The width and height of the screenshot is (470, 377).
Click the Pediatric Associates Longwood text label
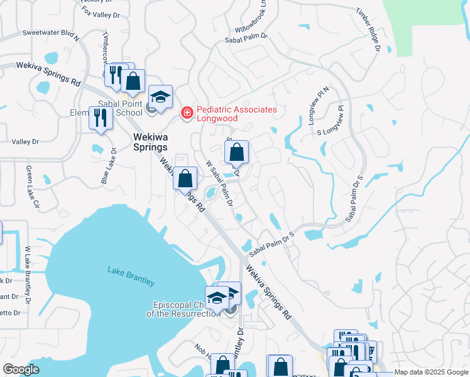point(236,114)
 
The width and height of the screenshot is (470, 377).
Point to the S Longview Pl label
point(331,124)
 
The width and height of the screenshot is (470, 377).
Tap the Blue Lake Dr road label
point(109,167)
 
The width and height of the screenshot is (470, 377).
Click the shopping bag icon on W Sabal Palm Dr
point(237,152)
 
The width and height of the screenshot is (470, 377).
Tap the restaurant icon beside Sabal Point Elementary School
point(101,117)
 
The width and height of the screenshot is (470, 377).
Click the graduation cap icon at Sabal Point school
point(160,97)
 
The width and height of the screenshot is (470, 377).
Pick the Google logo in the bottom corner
point(21,370)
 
